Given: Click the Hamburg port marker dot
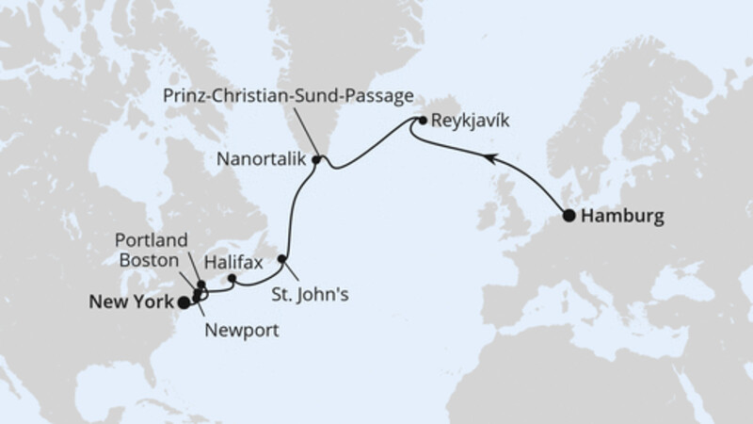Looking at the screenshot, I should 569,216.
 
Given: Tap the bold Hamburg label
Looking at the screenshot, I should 622,216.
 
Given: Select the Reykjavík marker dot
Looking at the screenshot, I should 424,121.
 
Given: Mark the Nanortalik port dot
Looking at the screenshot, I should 317,160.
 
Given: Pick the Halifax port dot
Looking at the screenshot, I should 232,278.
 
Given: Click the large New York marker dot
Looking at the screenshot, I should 182,302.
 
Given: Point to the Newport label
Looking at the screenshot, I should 241,331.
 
